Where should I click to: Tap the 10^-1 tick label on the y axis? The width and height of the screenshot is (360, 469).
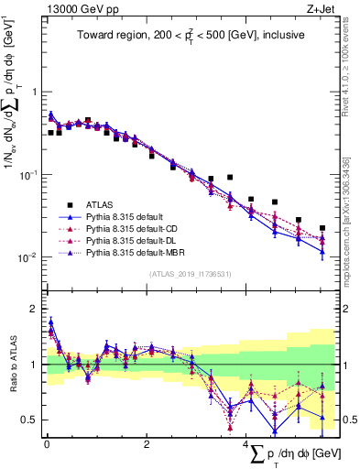(29, 173)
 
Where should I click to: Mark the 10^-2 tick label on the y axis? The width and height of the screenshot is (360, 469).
(29, 256)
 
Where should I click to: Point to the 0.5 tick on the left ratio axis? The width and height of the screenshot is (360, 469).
(31, 420)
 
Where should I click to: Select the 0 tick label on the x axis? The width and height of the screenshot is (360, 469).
(46, 444)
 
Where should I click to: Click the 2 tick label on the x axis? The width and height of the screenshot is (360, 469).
(147, 444)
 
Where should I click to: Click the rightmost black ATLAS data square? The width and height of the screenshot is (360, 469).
(322, 228)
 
